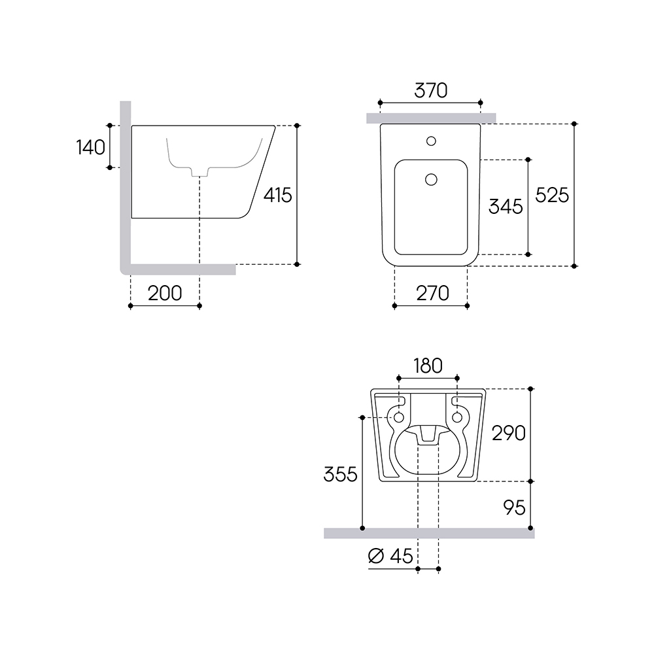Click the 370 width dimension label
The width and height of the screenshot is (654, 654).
430,90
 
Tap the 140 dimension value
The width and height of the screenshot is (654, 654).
90,147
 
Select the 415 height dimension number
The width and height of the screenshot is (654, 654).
278,195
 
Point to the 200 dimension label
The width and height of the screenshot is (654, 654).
165,293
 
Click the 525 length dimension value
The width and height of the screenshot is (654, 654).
552,195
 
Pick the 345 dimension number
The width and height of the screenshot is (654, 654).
506,207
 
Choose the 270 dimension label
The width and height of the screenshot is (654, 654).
432,293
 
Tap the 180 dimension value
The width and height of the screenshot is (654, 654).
428,366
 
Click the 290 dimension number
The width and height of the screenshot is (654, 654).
508,434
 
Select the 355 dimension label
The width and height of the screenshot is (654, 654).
340,474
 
